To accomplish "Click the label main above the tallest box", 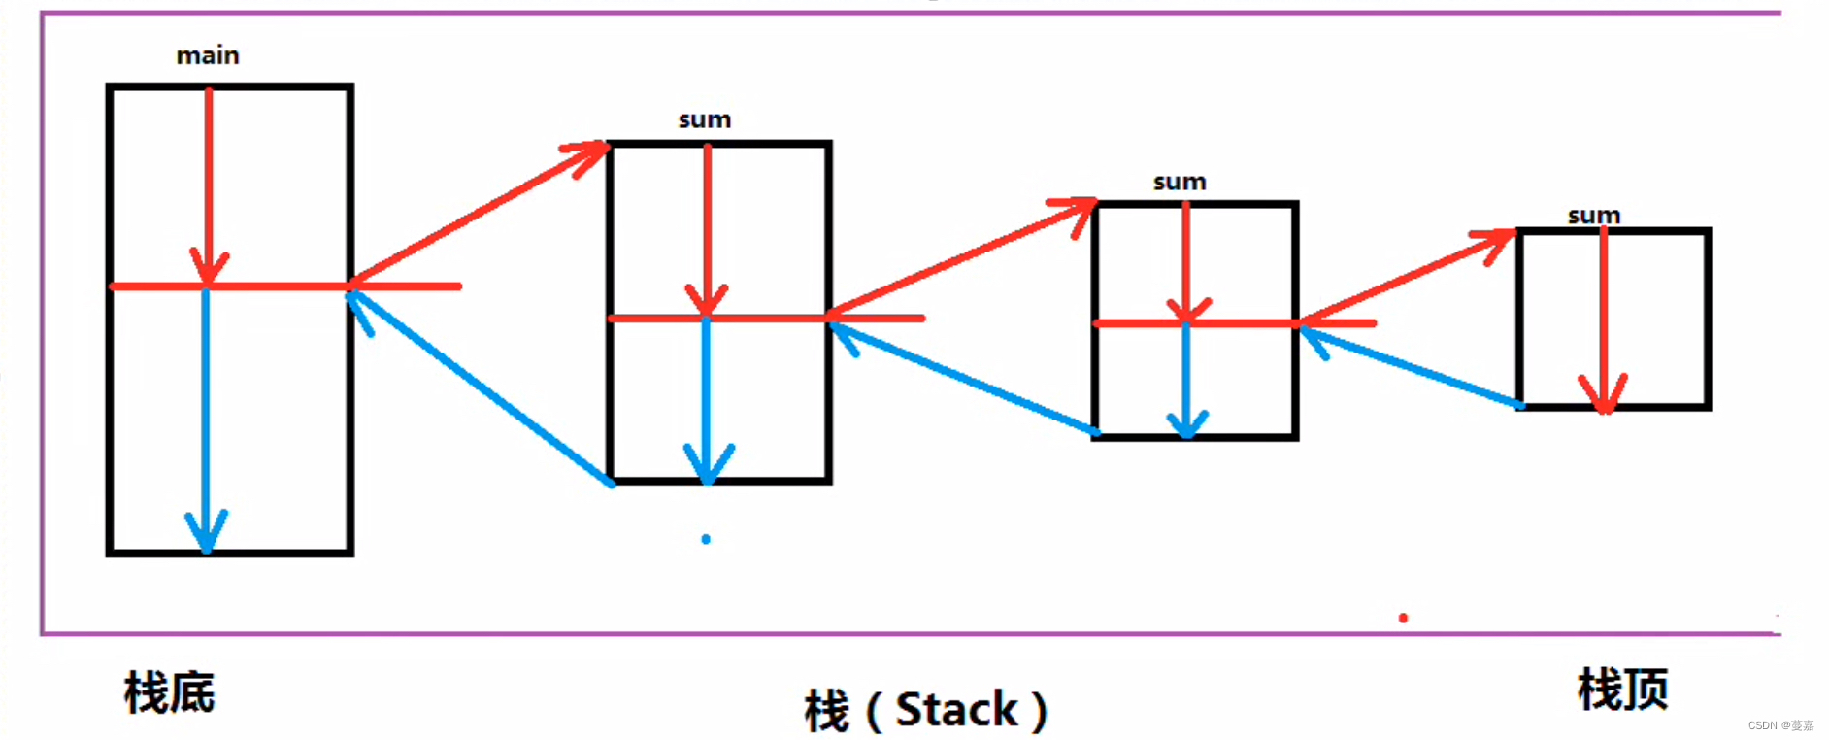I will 208,56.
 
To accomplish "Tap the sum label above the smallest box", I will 1594,216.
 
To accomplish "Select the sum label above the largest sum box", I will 705,120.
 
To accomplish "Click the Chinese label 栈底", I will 170,692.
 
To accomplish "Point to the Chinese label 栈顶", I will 1622,690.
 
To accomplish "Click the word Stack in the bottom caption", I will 956,710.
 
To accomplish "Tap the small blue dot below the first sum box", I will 706,539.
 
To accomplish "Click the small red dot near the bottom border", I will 1403,618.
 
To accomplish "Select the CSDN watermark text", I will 1780,725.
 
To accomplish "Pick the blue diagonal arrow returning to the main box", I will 481,387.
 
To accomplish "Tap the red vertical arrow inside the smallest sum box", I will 1603,320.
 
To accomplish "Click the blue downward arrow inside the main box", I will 206,418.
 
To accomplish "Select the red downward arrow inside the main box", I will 208,185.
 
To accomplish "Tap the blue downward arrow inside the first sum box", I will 707,398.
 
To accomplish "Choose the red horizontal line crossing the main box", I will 282,286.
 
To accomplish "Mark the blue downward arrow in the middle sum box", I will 1186,379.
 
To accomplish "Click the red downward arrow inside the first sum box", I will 707,228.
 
